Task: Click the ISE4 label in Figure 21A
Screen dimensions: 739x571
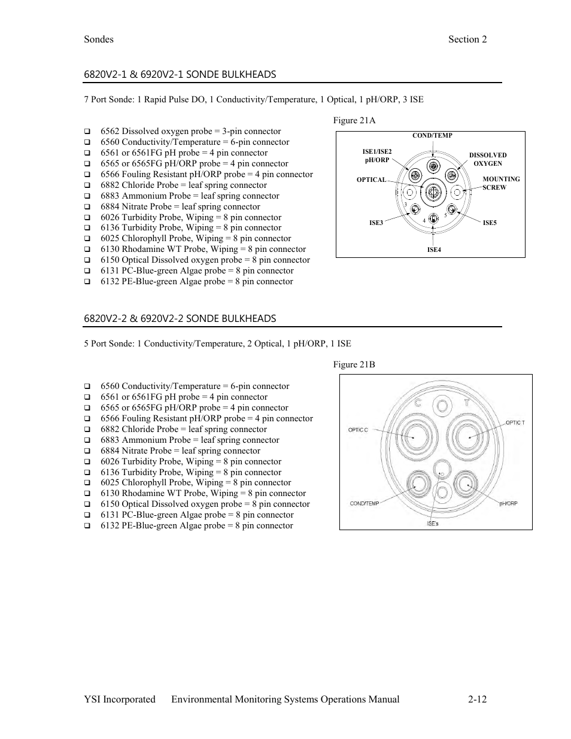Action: [x=434, y=250]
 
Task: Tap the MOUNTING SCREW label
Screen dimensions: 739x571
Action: [x=500, y=183]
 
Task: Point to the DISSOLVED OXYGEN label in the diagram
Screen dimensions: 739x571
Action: [x=488, y=159]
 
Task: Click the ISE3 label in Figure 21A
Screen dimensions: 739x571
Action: [x=376, y=223]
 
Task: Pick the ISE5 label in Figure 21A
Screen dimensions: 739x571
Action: [x=490, y=223]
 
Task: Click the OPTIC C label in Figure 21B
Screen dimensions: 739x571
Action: [x=358, y=430]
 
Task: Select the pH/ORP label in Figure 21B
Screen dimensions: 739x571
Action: [x=508, y=503]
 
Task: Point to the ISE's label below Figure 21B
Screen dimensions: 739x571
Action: [x=433, y=524]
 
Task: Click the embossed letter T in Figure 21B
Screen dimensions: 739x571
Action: [x=467, y=403]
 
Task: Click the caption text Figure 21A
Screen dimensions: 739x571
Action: [x=354, y=120]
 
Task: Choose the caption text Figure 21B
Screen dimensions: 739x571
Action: [x=354, y=364]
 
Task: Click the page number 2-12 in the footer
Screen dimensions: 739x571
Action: [x=478, y=699]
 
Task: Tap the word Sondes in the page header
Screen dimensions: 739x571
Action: [x=99, y=39]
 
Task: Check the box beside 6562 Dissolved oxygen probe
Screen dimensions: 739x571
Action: [x=87, y=132]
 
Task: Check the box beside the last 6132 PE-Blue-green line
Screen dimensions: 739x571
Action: [x=87, y=526]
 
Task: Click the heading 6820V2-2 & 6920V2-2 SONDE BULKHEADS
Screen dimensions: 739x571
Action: [x=180, y=318]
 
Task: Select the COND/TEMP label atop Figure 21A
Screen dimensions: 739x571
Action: [x=432, y=135]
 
